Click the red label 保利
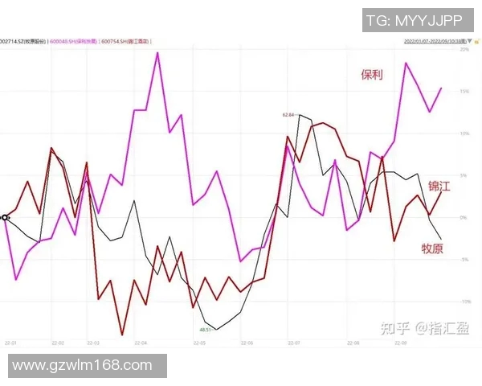click(x=371, y=75)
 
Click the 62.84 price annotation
click(x=288, y=115)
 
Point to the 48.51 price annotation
click(x=206, y=330)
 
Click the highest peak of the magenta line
click(x=157, y=53)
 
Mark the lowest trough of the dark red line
click(x=122, y=334)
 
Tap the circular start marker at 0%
click(x=5, y=217)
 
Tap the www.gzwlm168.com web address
click(x=83, y=365)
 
